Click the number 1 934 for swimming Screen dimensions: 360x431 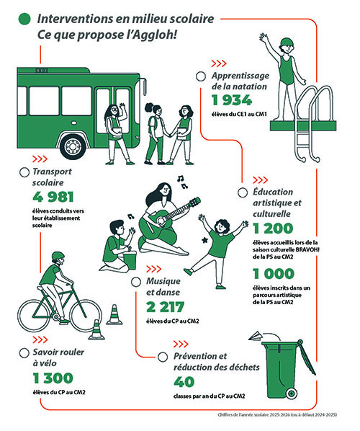pos(232,100)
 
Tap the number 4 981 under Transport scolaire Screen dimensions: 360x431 pos(53,197)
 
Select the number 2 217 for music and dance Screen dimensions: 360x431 pos(165,307)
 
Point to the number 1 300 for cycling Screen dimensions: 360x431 pos(53,378)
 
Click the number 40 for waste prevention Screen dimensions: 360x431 pos(184,382)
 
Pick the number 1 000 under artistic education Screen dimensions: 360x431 pos(274,274)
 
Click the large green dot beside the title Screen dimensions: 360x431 pos(24,19)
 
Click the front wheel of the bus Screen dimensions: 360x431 pos(73,146)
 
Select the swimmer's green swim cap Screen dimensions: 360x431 pos(287,42)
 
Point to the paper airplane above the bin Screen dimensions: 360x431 pos(255,336)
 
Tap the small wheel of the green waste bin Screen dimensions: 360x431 pos(291,394)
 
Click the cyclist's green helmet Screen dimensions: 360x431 pos(58,256)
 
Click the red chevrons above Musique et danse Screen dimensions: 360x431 pos(153,269)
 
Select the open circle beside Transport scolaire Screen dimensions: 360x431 pos(24,172)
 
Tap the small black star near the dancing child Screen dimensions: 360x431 pos(205,240)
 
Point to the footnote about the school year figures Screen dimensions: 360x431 pos(277,414)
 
